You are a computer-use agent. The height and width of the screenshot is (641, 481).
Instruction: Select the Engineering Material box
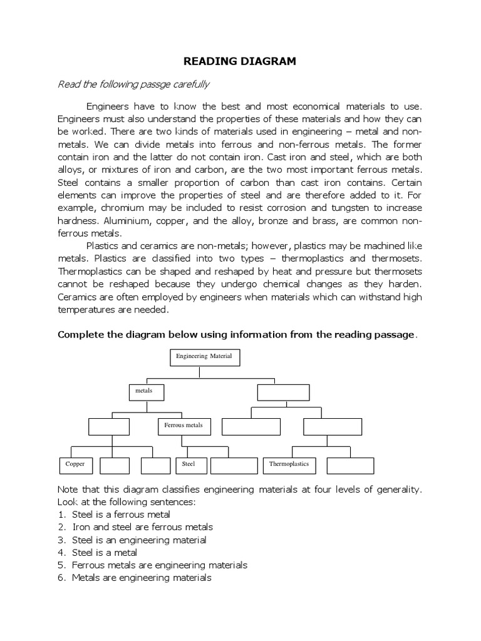[x=204, y=357]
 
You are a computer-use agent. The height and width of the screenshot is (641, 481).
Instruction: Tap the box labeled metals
[x=147, y=391]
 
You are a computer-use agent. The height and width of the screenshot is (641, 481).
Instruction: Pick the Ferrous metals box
[x=184, y=426]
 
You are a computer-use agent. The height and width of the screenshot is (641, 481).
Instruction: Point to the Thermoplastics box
[x=289, y=465]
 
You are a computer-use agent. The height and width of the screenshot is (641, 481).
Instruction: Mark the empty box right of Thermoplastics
[x=350, y=465]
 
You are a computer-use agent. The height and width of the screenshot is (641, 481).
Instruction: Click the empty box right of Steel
[x=234, y=465]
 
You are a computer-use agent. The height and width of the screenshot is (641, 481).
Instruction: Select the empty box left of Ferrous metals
[x=109, y=426]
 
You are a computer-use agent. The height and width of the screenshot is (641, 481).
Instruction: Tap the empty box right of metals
[x=284, y=392]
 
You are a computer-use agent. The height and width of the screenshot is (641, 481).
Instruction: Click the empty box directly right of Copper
[x=115, y=465]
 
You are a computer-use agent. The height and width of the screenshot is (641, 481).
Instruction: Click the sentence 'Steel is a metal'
[x=105, y=552]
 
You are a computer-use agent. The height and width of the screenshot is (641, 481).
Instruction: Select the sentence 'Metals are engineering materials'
[x=142, y=578]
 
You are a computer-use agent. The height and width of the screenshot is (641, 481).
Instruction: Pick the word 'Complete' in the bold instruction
[x=80, y=334]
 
